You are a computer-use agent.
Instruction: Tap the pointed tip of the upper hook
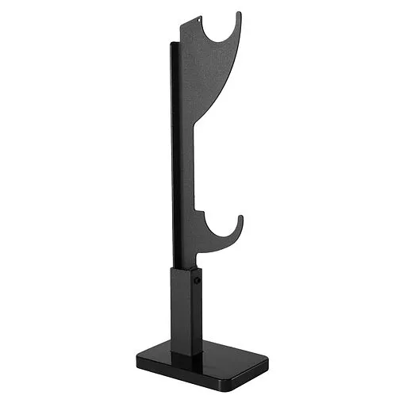click(240, 14)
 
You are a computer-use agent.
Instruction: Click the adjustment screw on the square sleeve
click(198, 280)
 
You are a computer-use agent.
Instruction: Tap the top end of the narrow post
click(173, 44)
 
